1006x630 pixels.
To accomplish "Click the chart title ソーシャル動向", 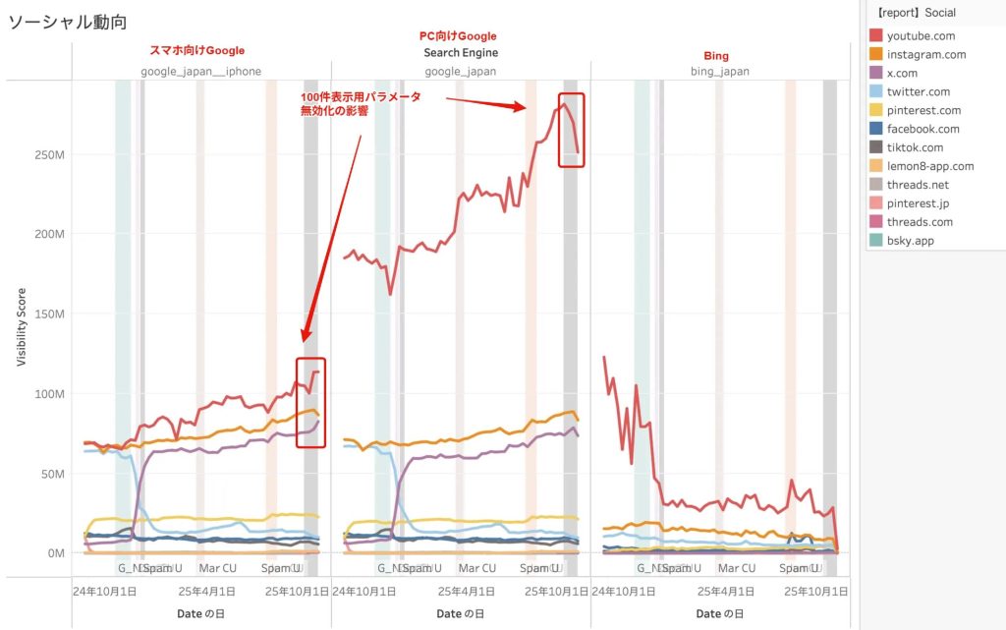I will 68,22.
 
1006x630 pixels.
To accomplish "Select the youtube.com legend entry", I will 920,36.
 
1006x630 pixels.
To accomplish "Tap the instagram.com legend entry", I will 925,55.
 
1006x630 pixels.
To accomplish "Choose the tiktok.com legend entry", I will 915,147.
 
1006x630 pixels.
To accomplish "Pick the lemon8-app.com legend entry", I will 929,166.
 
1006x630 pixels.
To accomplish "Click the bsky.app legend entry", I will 910,240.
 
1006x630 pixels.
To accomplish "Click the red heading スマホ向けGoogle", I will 196,50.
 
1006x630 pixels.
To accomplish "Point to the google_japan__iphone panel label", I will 200,72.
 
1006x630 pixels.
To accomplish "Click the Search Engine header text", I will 461,52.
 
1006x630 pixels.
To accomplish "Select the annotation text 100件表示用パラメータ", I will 362,96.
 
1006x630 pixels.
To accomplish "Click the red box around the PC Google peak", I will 571,130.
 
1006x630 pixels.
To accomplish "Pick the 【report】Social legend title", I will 915,13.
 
